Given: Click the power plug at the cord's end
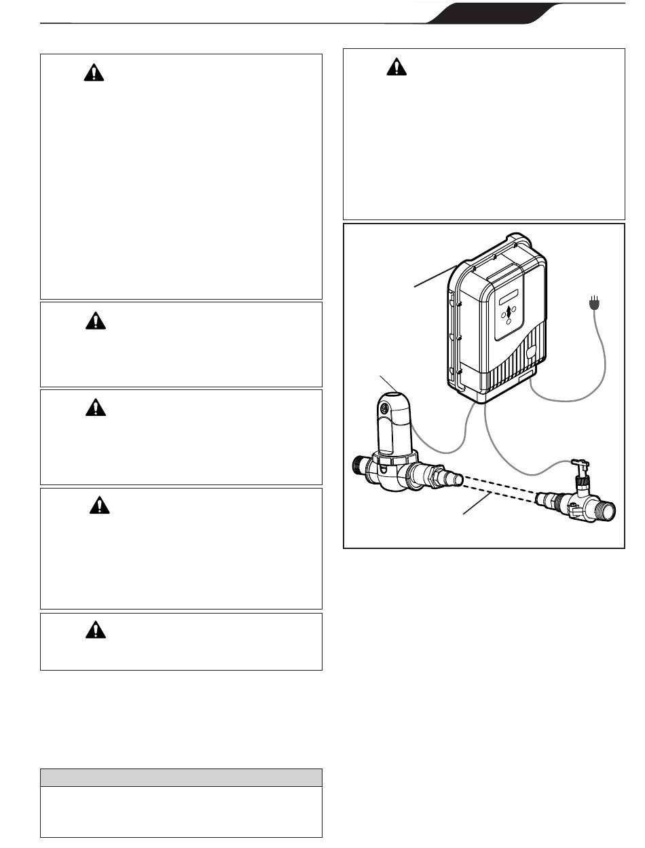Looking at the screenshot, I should (594, 303).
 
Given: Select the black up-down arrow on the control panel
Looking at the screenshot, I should (507, 313).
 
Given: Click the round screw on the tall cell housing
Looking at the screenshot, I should (383, 410).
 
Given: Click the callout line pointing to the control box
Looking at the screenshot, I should (435, 278).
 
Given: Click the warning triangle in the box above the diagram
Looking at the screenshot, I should (396, 67).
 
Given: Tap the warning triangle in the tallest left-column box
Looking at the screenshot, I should (94, 73).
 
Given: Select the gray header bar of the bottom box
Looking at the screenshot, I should (181, 778).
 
